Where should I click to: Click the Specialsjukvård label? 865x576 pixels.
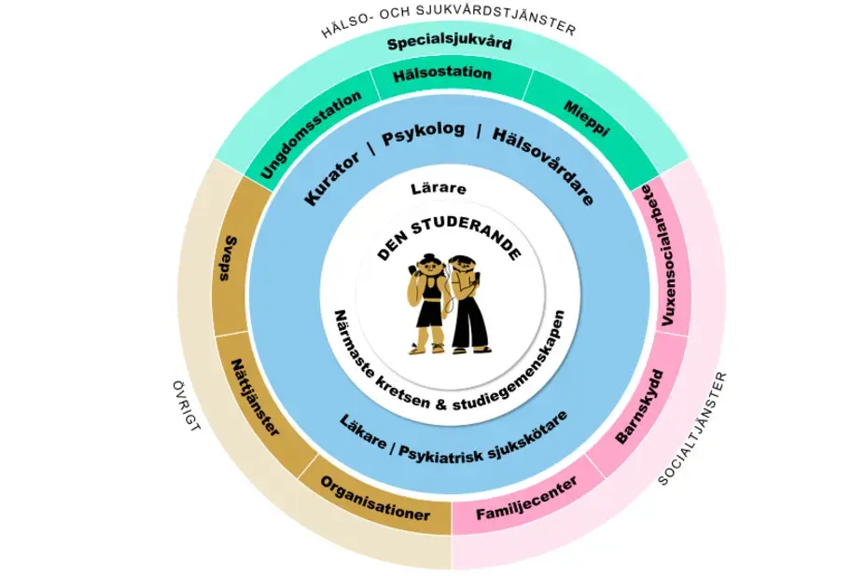pyautogui.click(x=450, y=43)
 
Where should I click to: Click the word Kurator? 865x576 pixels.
pyautogui.click(x=332, y=177)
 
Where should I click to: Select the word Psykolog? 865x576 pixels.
pyautogui.click(x=423, y=133)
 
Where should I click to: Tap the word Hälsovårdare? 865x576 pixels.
pyautogui.click(x=544, y=164)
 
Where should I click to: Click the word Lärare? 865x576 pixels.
pyautogui.click(x=439, y=188)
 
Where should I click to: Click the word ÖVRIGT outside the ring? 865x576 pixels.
pyautogui.click(x=186, y=405)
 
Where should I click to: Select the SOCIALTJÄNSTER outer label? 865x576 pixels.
pyautogui.click(x=693, y=429)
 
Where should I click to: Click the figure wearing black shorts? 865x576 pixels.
pyautogui.click(x=427, y=303)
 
